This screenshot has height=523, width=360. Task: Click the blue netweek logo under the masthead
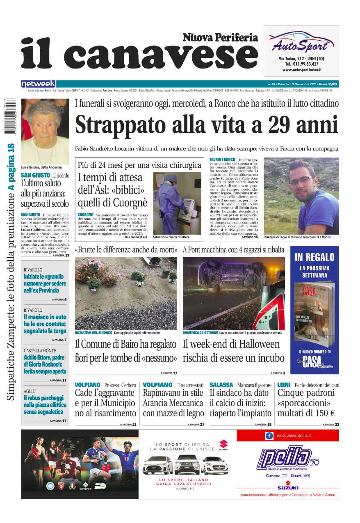[x=38, y=84]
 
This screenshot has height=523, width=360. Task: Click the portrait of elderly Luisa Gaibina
[x=45, y=131]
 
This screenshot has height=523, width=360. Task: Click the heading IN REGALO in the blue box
[x=314, y=257]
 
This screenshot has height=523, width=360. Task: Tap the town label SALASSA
[x=221, y=385]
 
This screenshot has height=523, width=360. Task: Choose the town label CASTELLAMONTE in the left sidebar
[x=40, y=351]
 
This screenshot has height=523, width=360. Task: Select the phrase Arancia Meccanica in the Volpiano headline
[x=173, y=403]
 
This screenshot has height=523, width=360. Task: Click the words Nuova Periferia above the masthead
[x=220, y=38]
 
